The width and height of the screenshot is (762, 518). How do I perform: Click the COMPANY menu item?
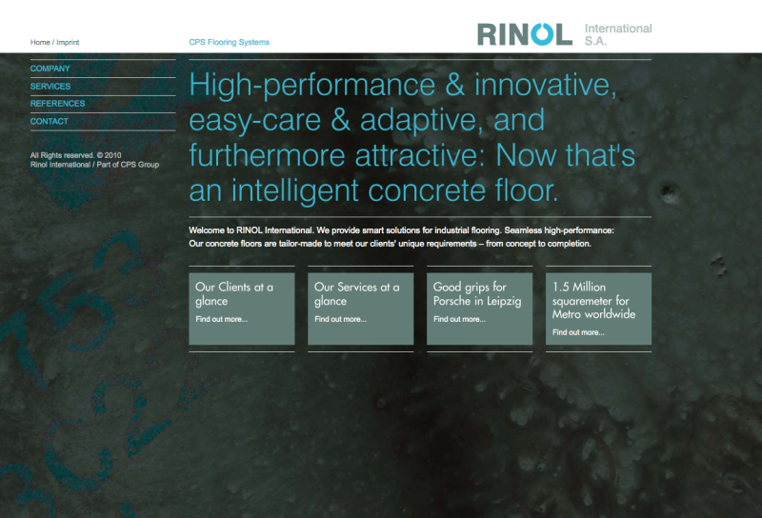50,69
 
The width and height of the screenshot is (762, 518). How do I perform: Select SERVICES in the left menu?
50,87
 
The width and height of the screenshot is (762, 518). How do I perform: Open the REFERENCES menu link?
57,104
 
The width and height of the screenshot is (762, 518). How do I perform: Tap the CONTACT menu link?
50,122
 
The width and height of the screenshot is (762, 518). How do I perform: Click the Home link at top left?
40,42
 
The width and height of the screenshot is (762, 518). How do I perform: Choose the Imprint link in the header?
68,42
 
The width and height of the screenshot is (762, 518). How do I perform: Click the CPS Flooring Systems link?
229,42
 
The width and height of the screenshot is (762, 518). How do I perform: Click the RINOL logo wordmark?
524,34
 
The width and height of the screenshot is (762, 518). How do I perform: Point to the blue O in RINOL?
542,34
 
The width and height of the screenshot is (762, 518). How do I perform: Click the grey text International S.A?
617,35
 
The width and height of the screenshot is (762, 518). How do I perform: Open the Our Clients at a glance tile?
241,309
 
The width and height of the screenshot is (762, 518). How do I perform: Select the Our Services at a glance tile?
360,309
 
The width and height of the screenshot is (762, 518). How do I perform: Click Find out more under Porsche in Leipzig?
459,319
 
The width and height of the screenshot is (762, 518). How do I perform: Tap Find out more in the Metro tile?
578,332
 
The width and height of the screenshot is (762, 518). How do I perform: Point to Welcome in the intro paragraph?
211,230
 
